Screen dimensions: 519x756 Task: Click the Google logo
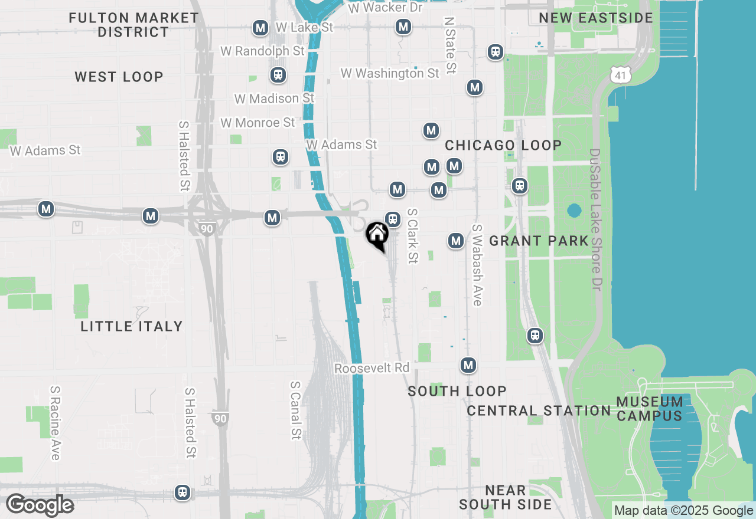(x=40, y=505)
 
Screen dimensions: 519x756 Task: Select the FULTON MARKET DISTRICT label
(x=133, y=25)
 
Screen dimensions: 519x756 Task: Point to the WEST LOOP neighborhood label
(x=119, y=77)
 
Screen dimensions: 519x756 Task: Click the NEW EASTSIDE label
(x=596, y=18)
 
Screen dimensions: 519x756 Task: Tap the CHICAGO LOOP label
(x=503, y=145)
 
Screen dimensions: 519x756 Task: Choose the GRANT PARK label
(x=539, y=241)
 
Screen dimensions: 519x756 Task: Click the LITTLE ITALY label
(x=131, y=326)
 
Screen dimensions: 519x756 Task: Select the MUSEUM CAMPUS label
(x=650, y=409)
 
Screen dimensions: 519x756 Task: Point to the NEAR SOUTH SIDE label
(x=505, y=497)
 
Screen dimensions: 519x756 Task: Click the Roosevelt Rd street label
(x=372, y=368)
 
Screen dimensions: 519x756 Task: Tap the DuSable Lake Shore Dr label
(x=594, y=218)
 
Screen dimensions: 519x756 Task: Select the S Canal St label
(x=295, y=410)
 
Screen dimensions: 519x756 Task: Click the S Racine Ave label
(x=55, y=422)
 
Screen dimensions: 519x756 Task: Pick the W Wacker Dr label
(x=385, y=8)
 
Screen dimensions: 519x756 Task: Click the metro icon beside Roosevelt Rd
(x=468, y=365)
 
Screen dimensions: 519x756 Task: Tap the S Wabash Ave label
(x=477, y=265)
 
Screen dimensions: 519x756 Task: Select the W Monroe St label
(x=258, y=123)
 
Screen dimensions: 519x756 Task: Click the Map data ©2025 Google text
(x=683, y=511)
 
